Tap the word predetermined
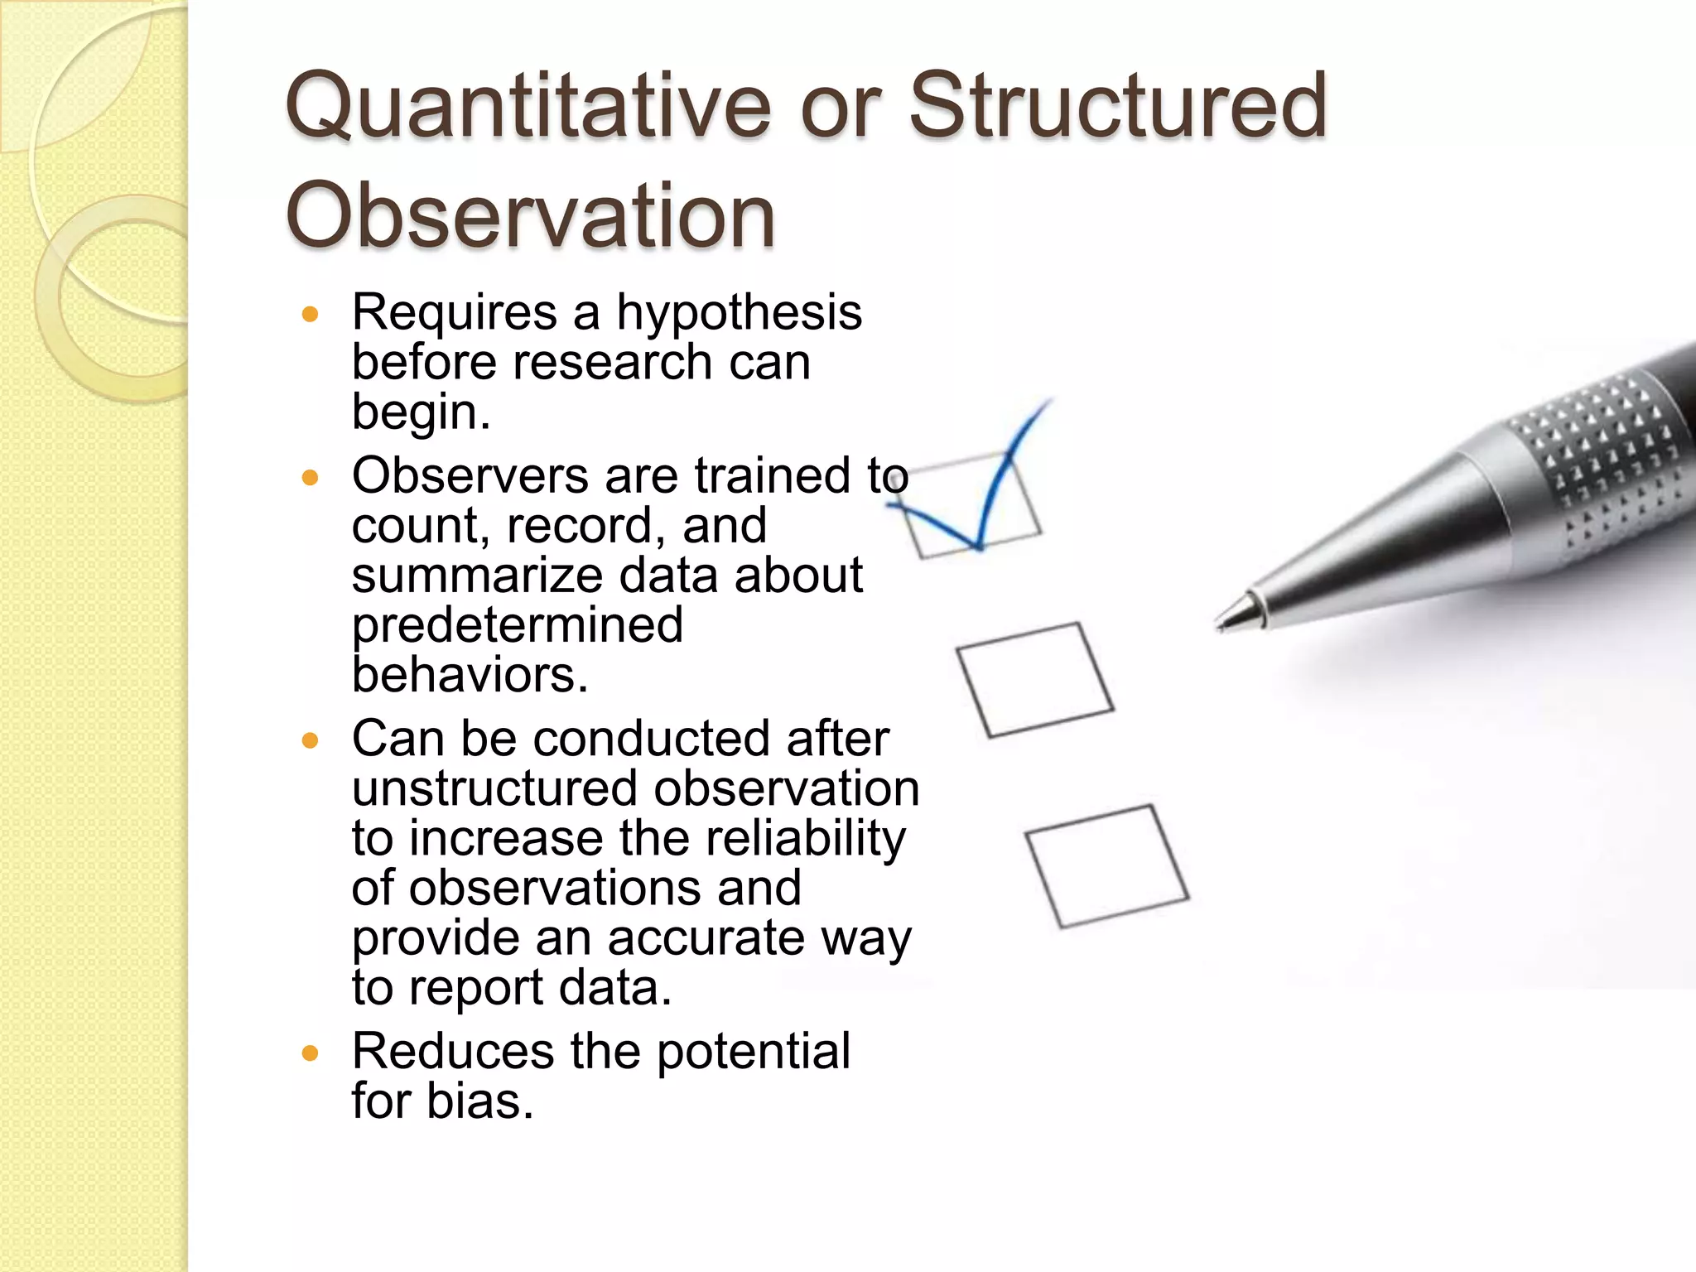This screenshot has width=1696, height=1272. (x=518, y=625)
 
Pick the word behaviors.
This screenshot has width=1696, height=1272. (x=469, y=675)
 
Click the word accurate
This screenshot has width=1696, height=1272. (x=706, y=937)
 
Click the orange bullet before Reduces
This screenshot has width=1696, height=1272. (x=311, y=1053)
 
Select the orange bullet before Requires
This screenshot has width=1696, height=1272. (x=311, y=315)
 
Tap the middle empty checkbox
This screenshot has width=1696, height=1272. (x=1035, y=679)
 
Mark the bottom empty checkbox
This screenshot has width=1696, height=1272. (x=1107, y=865)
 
